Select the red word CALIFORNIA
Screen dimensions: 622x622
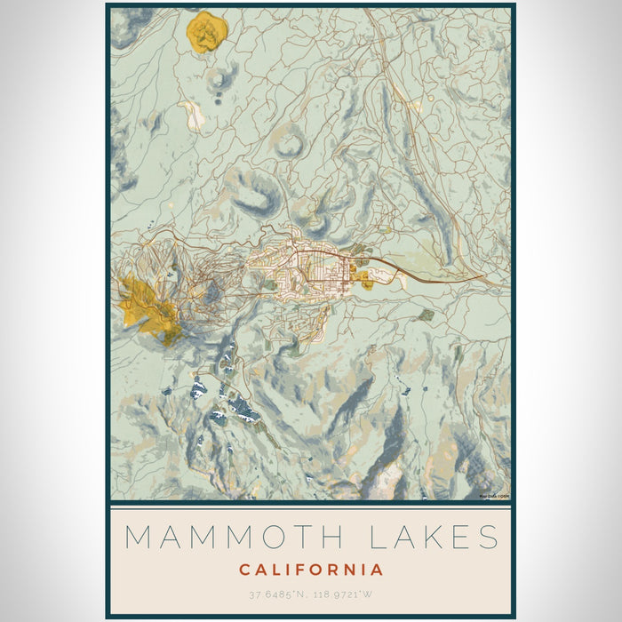point(311,570)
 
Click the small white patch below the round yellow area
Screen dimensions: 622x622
point(191,113)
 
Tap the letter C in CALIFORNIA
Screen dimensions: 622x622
point(244,570)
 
